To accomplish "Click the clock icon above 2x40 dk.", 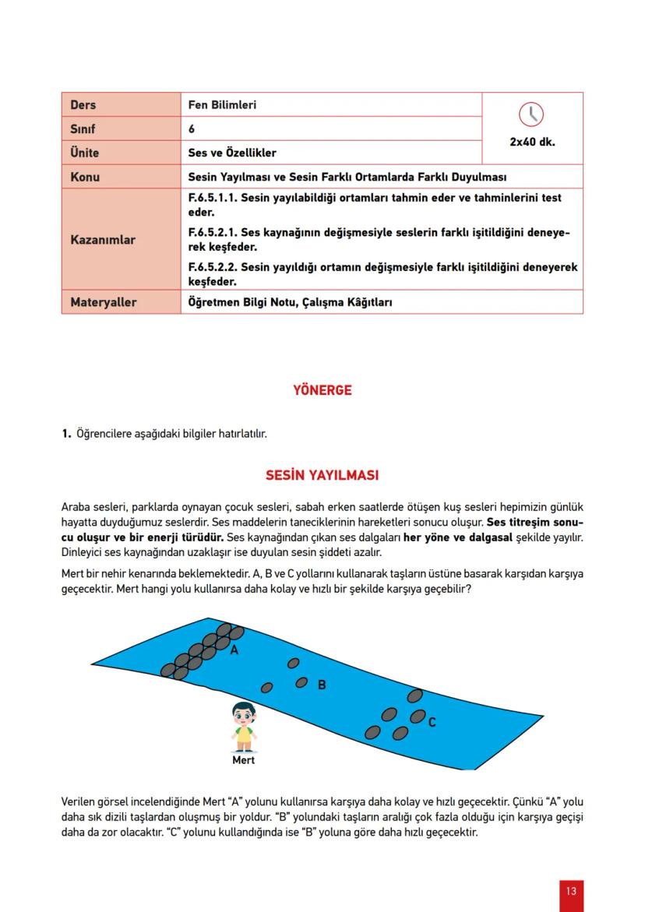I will point(532,114).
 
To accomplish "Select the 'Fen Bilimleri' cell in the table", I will point(222,104).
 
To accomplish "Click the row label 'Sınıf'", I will point(83,129).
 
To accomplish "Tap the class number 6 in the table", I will point(192,129).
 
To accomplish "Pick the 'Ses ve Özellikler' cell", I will point(232,153).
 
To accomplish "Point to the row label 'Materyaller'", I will point(103,301).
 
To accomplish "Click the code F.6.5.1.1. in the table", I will point(213,198).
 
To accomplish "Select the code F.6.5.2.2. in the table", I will point(213,267).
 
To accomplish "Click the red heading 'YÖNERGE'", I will point(322,390).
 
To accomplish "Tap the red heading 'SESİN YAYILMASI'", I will point(322,475).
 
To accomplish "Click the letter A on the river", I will point(234,650).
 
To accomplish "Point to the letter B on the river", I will point(321,685).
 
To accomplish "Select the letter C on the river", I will point(432,722).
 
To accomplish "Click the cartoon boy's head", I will point(244,713).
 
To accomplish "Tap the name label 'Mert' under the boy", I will point(244,760).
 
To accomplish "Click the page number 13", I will point(571,891).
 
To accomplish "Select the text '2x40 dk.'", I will point(532,143).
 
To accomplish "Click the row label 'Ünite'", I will point(84,153).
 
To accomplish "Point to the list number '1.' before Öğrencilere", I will point(66,433).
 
